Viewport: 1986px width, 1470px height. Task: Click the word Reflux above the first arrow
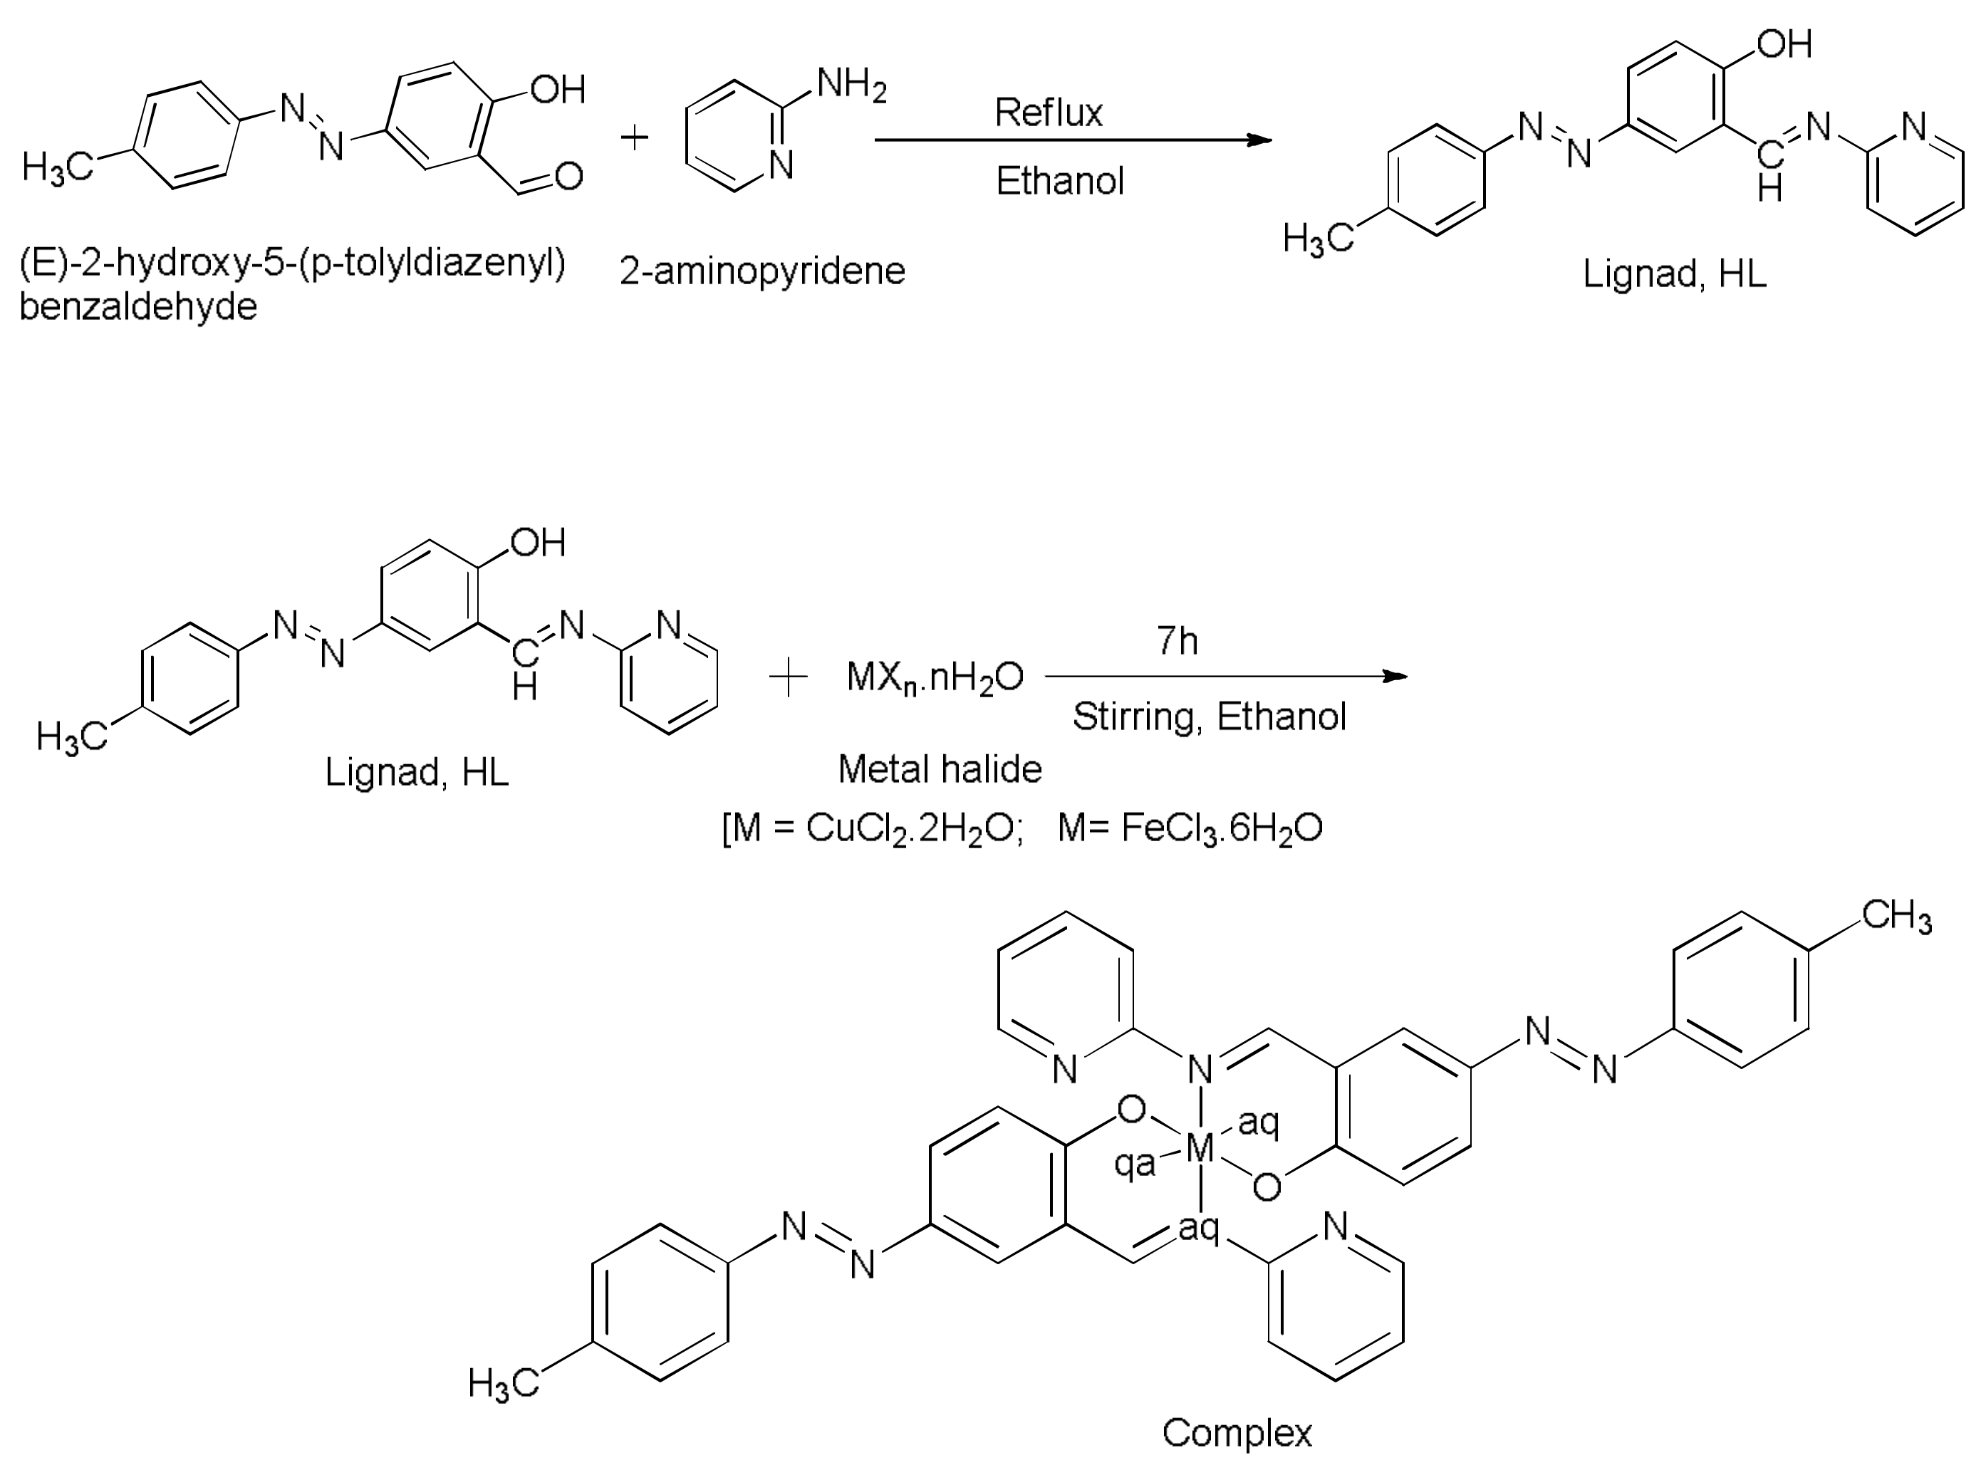coord(1048,113)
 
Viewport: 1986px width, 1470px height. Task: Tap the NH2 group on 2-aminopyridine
coord(851,86)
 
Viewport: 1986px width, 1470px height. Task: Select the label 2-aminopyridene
coord(762,271)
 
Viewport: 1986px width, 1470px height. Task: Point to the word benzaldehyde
coord(139,307)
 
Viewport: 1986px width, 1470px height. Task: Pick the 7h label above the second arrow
coord(1177,642)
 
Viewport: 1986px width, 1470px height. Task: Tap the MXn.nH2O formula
coord(935,679)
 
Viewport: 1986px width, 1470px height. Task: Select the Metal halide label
coord(940,768)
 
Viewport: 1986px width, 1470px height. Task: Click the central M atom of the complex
coord(1200,1150)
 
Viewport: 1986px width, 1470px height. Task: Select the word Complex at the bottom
coord(1237,1434)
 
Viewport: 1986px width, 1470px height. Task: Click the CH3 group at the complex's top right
coord(1896,917)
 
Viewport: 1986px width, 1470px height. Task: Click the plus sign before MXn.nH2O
coord(787,680)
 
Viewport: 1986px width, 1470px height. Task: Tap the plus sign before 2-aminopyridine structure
coord(635,138)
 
